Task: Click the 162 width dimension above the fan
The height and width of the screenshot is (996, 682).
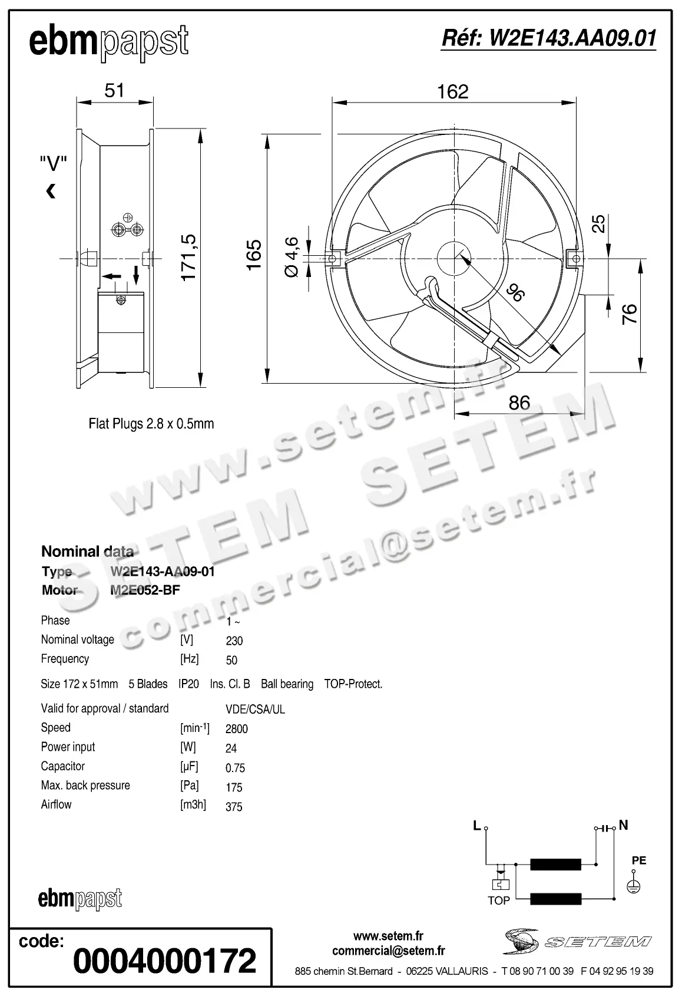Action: [x=452, y=92]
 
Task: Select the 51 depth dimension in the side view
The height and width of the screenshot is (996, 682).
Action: [x=114, y=90]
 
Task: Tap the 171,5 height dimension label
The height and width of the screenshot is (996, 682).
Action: [x=188, y=258]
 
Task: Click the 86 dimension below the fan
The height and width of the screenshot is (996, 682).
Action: [x=519, y=403]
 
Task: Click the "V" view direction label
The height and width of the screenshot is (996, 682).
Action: [x=53, y=164]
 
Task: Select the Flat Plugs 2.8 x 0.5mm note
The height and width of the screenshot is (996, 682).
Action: [x=151, y=424]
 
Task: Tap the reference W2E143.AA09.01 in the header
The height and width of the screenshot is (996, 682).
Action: [x=548, y=38]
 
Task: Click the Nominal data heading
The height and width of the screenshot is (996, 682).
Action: [x=87, y=552]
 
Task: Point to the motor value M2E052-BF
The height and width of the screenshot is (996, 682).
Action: [x=145, y=590]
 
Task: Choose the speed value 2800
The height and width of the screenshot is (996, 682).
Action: [x=237, y=729]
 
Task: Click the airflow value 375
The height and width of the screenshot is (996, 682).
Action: [x=234, y=807]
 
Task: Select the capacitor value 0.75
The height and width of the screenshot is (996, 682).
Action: [x=235, y=768]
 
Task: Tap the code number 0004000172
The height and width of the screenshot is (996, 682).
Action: [x=165, y=961]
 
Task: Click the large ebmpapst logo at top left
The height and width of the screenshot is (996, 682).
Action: [x=108, y=42]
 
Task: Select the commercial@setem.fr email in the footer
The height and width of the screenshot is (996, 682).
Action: [x=389, y=951]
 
